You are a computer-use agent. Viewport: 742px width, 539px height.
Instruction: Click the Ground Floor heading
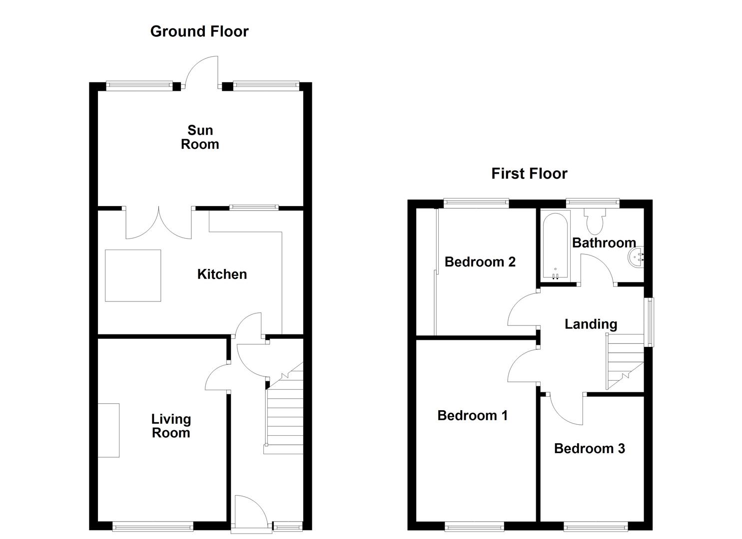[199, 31]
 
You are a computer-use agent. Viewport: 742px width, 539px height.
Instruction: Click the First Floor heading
[529, 174]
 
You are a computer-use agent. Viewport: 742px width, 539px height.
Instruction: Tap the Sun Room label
[200, 137]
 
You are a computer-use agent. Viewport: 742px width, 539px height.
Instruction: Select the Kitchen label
[222, 274]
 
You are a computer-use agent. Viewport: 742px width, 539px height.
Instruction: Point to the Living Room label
[171, 426]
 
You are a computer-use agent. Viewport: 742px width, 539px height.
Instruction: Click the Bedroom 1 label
[472, 415]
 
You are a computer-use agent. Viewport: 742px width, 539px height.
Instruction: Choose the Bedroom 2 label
[480, 262]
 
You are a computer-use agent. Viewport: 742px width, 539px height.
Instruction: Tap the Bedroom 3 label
[590, 448]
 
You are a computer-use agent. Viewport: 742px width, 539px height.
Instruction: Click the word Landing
[591, 324]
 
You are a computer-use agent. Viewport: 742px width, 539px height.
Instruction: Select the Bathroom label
[604, 243]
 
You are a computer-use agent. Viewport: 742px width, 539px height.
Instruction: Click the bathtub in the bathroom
[555, 246]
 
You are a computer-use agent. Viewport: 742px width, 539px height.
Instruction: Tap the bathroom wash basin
[636, 257]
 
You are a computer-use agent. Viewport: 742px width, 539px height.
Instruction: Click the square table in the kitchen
[133, 275]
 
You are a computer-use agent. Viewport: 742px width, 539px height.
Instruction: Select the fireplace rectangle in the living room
[108, 430]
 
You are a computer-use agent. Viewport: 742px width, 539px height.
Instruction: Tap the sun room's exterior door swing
[201, 73]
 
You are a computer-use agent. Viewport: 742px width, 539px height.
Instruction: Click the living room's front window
[153, 527]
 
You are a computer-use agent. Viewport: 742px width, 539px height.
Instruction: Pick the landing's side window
[649, 322]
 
